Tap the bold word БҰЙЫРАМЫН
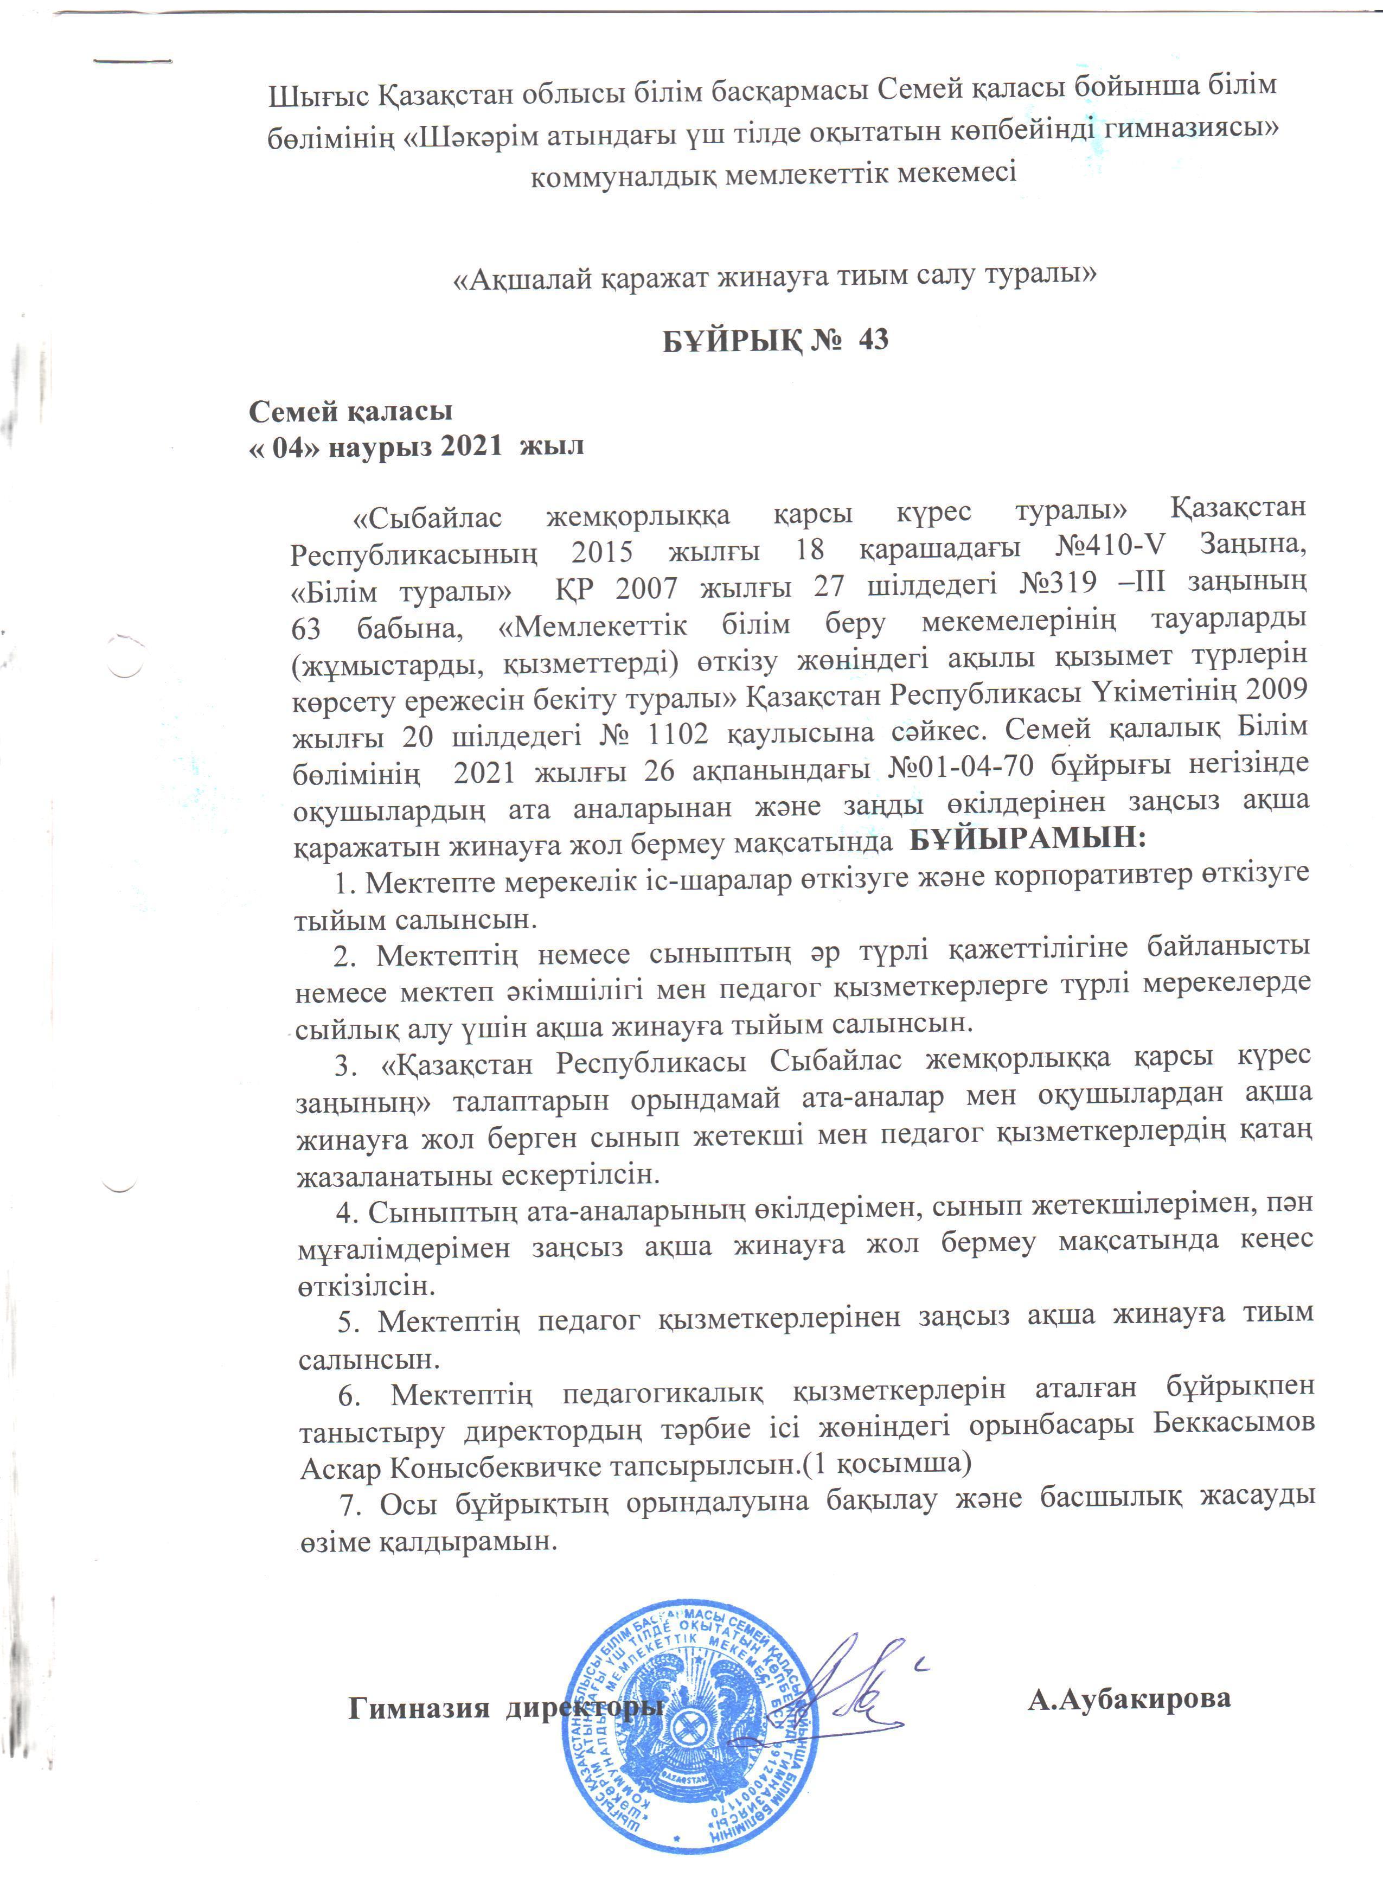[1027, 838]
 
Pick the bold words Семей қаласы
[350, 411]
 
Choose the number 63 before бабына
[308, 627]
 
